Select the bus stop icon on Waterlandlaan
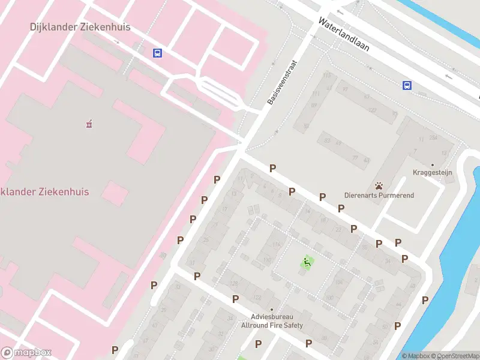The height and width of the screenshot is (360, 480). click(x=407, y=85)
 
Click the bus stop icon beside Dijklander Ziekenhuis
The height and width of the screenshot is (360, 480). click(x=157, y=53)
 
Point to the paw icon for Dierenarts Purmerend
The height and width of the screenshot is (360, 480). click(x=379, y=185)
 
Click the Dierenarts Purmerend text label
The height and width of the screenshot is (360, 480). click(x=379, y=196)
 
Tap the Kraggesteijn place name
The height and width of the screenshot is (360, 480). click(x=432, y=173)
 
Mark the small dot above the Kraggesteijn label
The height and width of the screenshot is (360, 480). click(x=432, y=164)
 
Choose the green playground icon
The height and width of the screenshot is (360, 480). click(x=307, y=262)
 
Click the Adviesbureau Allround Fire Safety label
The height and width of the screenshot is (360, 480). click(x=272, y=321)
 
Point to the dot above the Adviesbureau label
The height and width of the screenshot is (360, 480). click(x=272, y=310)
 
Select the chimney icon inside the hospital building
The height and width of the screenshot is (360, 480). click(x=89, y=124)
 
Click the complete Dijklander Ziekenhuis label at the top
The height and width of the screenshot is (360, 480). click(x=80, y=27)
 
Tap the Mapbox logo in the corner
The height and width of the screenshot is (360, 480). click(x=26, y=353)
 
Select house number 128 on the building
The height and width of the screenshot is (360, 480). click(x=234, y=283)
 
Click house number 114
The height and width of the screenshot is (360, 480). click(x=276, y=245)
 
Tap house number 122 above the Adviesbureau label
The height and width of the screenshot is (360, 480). click(x=258, y=298)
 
